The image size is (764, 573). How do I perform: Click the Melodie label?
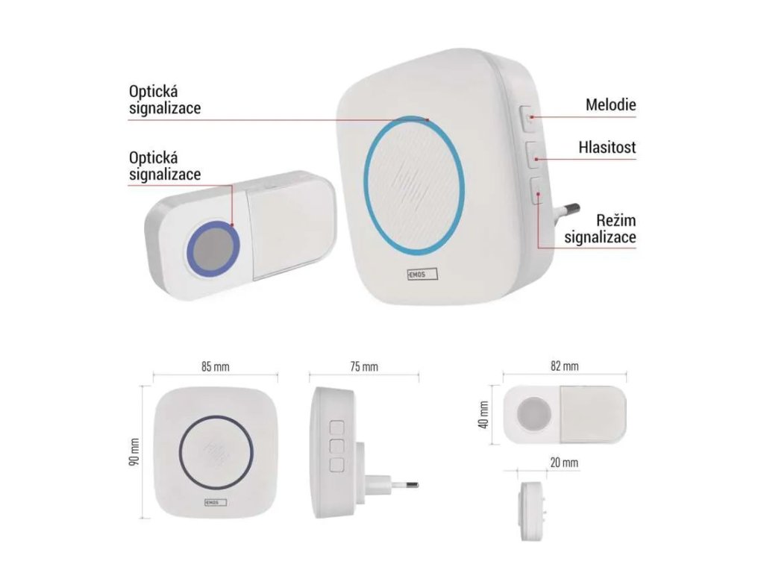tap(610, 105)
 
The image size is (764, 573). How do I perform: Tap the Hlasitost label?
tap(607, 148)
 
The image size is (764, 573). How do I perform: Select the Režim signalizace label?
tap(600, 229)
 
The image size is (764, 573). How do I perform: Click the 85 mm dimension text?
tap(216, 366)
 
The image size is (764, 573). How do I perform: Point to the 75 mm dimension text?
tap(364, 366)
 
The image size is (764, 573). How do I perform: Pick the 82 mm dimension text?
tap(564, 366)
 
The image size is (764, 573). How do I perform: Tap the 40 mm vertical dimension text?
tap(484, 415)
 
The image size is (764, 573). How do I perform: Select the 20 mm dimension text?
tap(564, 463)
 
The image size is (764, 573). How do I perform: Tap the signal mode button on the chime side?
tap(536, 193)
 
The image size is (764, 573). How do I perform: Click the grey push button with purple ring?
tap(213, 245)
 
